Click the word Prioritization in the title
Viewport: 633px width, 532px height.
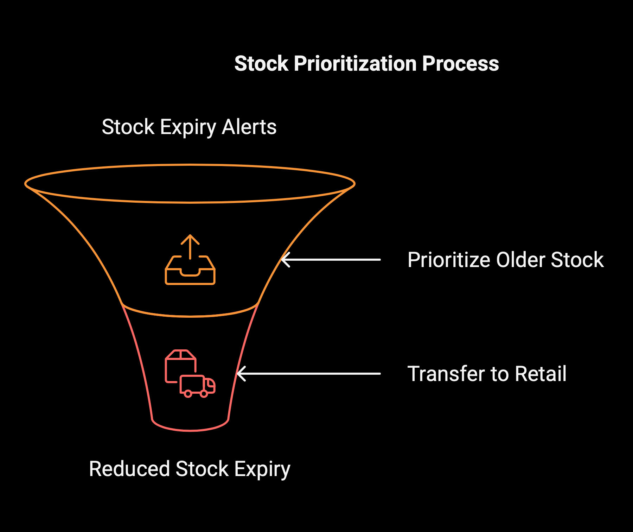355,64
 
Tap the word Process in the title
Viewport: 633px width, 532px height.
461,64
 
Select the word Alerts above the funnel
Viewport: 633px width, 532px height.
249,127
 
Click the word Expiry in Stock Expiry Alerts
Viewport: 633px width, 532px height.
188,127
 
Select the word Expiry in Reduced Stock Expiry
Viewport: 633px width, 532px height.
262,470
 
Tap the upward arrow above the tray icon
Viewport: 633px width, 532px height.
190,247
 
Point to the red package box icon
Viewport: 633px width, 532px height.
180,366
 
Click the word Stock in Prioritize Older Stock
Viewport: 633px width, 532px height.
577,260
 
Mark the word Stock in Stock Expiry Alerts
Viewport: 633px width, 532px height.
128,127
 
